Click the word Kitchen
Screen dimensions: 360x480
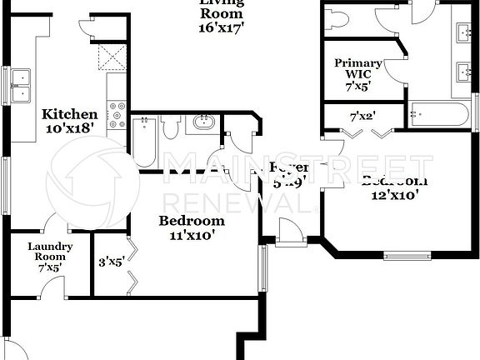71,114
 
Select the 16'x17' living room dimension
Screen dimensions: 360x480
221,27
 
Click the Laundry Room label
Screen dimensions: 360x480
50,252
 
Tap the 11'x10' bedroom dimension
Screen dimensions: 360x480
192,235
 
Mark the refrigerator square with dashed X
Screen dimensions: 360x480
112,56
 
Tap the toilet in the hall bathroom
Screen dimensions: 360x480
172,128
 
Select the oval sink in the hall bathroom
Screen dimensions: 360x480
202,124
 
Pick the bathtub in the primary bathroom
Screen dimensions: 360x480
439,113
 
